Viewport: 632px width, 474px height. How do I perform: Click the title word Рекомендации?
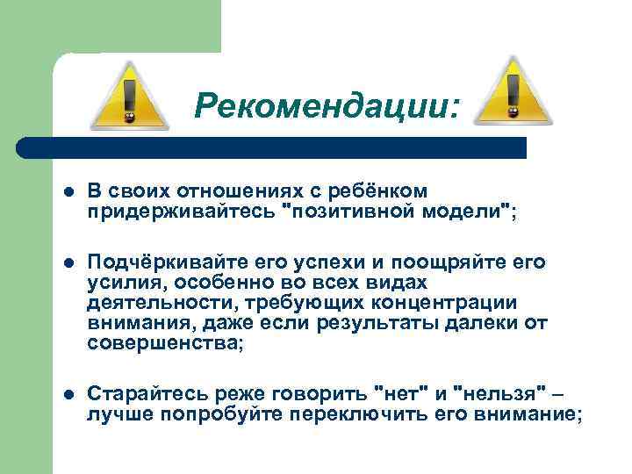(327, 106)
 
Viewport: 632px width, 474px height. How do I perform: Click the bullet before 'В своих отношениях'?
(68, 190)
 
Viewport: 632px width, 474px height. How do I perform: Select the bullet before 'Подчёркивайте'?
(68, 262)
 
